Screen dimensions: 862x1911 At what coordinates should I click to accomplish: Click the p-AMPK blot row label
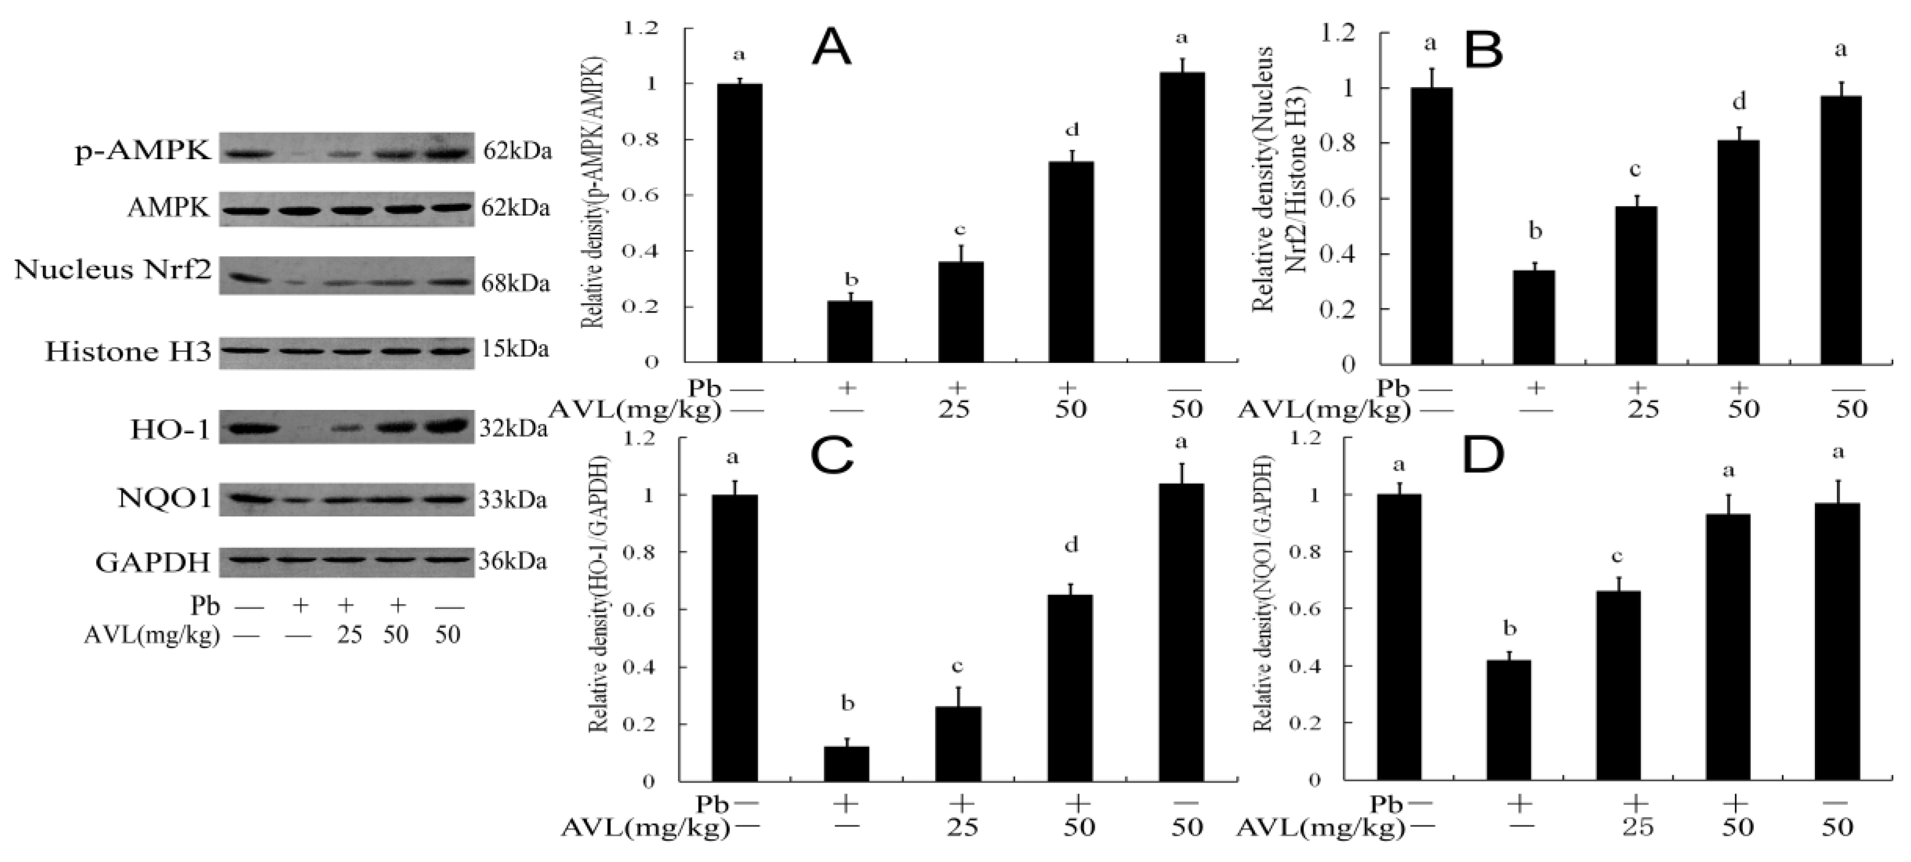[x=143, y=151]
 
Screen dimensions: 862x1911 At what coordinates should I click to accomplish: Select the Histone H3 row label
[x=127, y=351]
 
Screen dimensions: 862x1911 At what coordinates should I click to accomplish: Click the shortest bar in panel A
[x=851, y=332]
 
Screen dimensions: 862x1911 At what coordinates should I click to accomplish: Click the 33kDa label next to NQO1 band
[x=513, y=500]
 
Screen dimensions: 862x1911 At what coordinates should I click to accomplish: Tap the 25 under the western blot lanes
[x=349, y=635]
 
